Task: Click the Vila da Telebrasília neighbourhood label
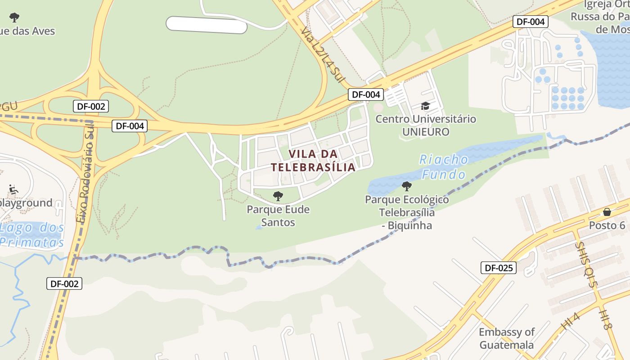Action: tap(313, 161)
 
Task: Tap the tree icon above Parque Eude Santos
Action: tap(278, 196)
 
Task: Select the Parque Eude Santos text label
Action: tap(278, 216)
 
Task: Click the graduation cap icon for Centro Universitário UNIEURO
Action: tap(425, 106)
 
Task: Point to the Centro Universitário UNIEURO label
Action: tap(426, 126)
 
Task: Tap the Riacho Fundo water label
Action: tap(444, 167)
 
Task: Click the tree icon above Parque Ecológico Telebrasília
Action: tap(406, 186)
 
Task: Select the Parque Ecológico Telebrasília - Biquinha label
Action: tap(407, 212)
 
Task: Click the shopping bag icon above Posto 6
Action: tap(607, 212)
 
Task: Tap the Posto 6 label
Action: tap(607, 225)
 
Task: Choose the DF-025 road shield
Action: tap(498, 268)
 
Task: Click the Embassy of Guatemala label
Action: tap(506, 338)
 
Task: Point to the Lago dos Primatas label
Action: tap(31, 235)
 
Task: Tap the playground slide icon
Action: tap(13, 189)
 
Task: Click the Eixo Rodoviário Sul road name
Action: tap(86, 180)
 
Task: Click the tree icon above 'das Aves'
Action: tap(14, 18)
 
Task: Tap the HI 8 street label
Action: tap(606, 319)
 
